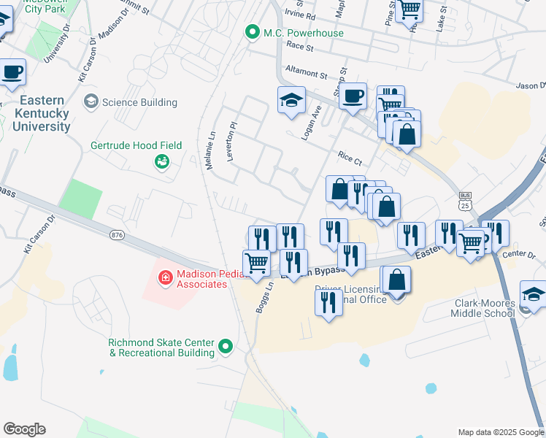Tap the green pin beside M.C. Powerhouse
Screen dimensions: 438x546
click(253, 32)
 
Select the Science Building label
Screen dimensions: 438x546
click(139, 102)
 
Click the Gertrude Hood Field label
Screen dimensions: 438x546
click(136, 146)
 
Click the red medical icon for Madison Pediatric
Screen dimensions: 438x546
click(165, 277)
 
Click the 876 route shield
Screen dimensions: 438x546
click(117, 234)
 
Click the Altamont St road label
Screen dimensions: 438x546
click(307, 74)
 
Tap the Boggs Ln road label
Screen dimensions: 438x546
click(264, 299)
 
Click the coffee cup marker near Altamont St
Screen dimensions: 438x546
click(353, 96)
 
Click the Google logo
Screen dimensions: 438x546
click(24, 429)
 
